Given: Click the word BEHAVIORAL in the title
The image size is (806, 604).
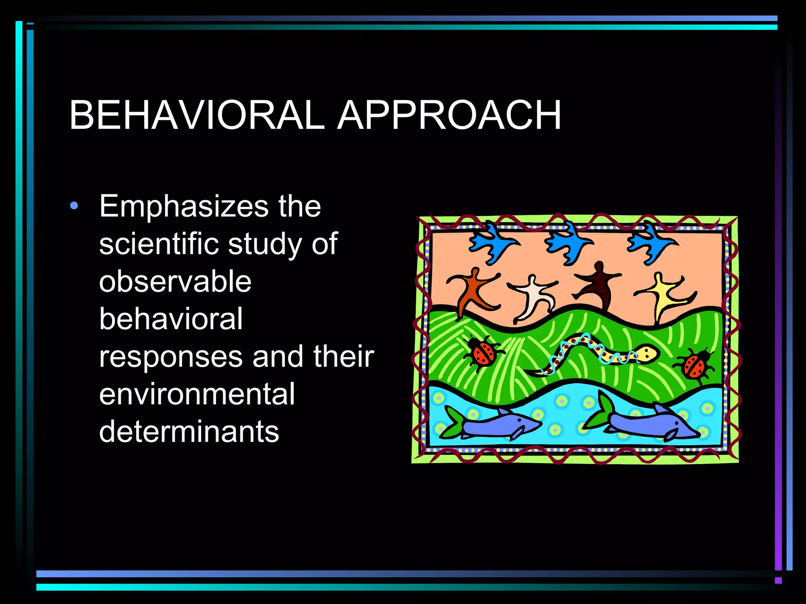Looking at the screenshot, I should click(x=197, y=115).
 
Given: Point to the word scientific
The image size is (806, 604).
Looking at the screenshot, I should click(x=159, y=244).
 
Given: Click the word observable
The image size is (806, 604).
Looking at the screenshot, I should click(x=175, y=282).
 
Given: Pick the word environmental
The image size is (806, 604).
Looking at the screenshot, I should click(x=197, y=394).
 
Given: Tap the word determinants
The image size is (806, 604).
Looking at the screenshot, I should click(x=189, y=432).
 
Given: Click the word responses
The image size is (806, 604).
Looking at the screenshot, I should click(x=170, y=357).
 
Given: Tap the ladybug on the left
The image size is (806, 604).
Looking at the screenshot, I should click(x=483, y=353).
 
